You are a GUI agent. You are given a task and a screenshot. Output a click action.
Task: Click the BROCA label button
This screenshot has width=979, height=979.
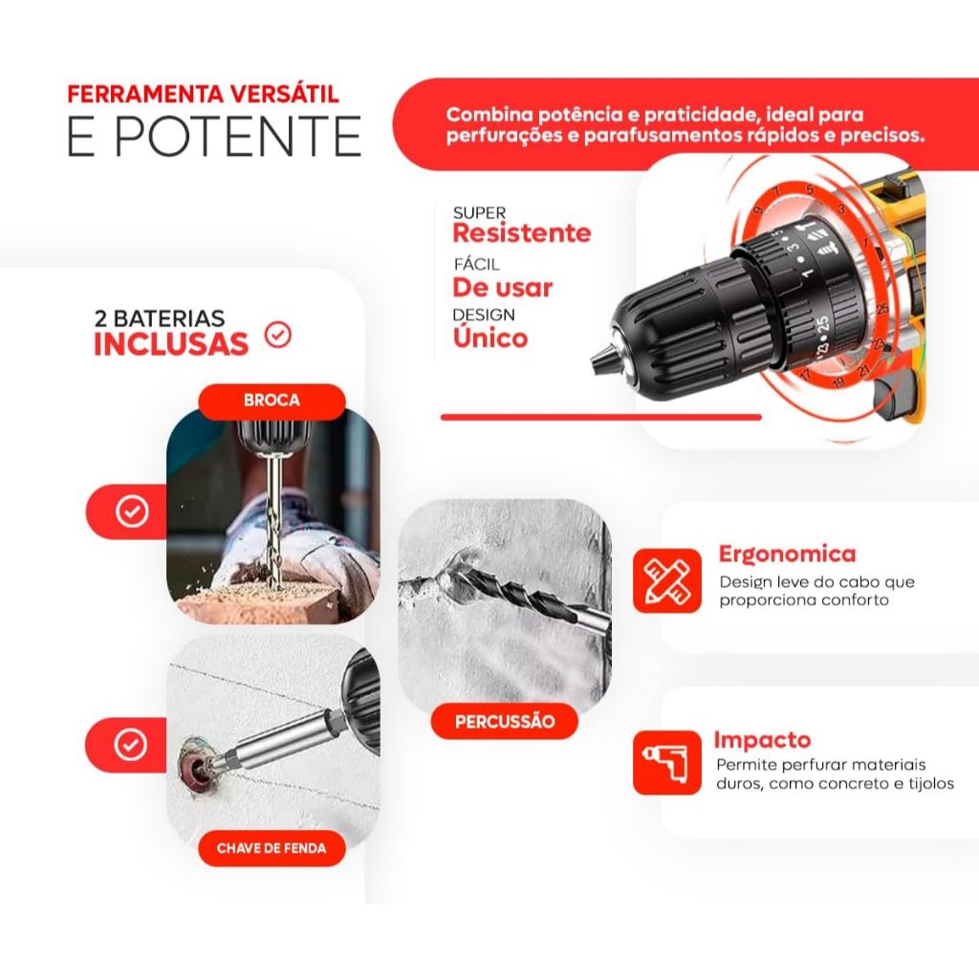(272, 401)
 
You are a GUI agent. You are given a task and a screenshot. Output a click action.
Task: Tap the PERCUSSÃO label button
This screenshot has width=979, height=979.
(505, 721)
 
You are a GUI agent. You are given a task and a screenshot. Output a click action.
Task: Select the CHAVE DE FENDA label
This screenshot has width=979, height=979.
(272, 848)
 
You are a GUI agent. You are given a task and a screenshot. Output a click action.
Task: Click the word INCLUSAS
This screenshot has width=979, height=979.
(171, 344)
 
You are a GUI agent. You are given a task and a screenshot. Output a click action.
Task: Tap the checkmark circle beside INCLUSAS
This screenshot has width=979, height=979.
(278, 336)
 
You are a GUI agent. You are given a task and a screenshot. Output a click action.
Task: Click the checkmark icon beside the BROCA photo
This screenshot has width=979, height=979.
(132, 511)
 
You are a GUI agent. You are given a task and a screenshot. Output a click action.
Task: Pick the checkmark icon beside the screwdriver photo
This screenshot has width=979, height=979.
(131, 744)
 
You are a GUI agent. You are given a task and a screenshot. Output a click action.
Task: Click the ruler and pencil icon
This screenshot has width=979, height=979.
(666, 580)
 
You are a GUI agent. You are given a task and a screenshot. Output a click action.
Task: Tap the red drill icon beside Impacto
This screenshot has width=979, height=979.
(666, 763)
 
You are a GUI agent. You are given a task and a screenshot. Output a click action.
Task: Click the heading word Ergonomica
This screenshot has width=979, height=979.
(787, 554)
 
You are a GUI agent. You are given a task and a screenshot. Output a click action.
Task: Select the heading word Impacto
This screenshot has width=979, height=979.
(762, 739)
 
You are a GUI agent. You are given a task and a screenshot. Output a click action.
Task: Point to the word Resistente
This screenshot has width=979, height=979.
(521, 233)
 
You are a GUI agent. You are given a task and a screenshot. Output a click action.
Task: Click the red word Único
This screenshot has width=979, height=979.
(490, 337)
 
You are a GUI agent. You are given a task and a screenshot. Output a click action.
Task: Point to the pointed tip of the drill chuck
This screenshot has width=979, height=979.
(593, 360)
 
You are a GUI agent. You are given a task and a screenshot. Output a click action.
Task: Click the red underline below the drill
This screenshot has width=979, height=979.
(601, 417)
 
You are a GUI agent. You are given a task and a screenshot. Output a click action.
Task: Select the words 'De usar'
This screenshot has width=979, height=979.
(503, 287)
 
